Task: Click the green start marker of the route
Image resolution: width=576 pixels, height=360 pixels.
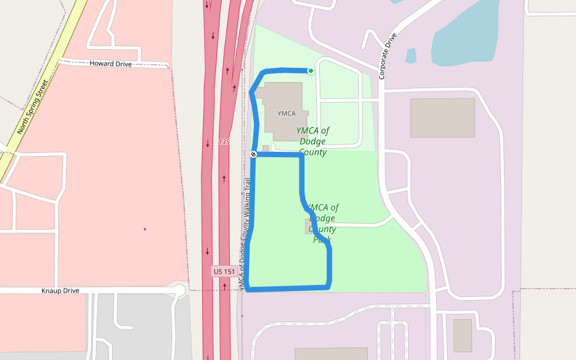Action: point(311,71)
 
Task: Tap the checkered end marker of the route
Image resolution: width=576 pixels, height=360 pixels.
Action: point(254,155)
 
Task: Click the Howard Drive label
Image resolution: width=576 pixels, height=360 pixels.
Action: point(110,64)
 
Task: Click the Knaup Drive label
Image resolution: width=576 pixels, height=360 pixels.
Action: point(60,291)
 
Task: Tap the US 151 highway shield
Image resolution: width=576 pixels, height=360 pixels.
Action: point(224,272)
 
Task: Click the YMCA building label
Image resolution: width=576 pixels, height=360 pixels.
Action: point(287,113)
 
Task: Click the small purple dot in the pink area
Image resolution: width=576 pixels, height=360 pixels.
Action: point(145,229)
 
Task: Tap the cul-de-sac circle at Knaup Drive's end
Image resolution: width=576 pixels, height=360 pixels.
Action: point(179,291)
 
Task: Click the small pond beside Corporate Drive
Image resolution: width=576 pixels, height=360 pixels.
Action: point(411,56)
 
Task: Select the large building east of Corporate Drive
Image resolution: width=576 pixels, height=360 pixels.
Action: point(442,118)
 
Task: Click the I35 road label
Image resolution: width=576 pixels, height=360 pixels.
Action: point(224,142)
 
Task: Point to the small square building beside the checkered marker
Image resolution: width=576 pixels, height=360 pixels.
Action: point(266,148)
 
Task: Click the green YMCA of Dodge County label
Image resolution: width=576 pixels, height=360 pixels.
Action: point(313,141)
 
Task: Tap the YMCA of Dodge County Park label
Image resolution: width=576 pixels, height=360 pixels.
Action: point(323,224)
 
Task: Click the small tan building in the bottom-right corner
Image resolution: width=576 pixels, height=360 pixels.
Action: point(463,335)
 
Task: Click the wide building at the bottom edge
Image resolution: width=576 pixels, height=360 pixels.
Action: point(331,353)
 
